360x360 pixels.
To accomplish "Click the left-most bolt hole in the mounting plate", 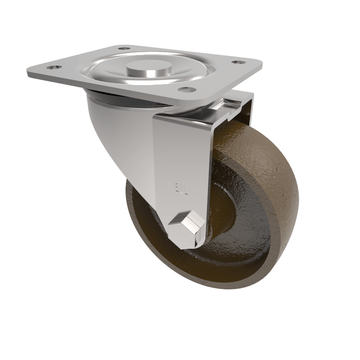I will click(54, 67).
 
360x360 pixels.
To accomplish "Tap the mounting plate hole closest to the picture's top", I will click(124, 48).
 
